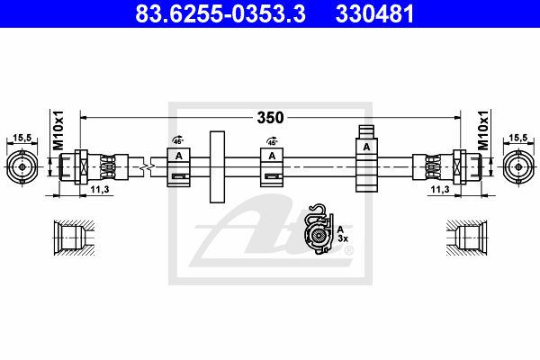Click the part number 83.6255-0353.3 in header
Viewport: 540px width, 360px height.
tap(220, 13)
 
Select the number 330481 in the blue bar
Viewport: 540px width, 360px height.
tap(374, 13)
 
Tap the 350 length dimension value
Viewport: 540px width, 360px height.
tap(270, 118)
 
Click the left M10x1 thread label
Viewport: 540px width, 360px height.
tap(58, 130)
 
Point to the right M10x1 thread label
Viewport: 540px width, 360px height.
tap(483, 130)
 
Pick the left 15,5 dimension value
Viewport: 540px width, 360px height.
tap(22, 138)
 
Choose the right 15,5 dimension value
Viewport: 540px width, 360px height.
tap(518, 138)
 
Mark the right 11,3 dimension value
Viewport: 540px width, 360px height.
tap(440, 189)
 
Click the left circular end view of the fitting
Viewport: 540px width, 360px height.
tap(22, 166)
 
